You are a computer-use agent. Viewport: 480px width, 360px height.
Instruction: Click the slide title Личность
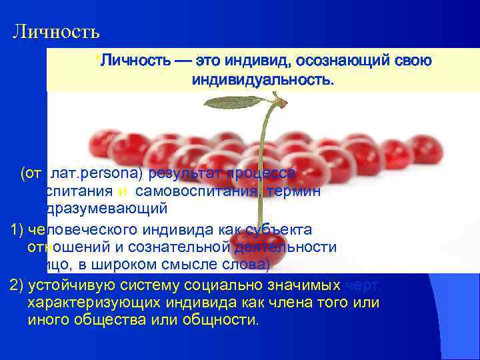[56, 31]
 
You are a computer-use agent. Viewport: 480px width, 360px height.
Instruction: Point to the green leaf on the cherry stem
[234, 103]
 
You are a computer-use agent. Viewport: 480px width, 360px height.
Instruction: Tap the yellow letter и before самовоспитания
[123, 192]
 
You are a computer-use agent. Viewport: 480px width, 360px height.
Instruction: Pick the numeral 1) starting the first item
[19, 229]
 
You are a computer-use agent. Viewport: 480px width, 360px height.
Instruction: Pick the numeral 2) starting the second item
[19, 285]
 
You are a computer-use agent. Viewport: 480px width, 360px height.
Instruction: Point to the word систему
[141, 285]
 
